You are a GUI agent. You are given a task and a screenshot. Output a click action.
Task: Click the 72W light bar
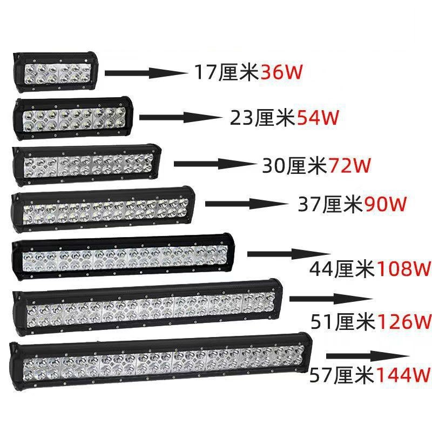pos(86,163)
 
